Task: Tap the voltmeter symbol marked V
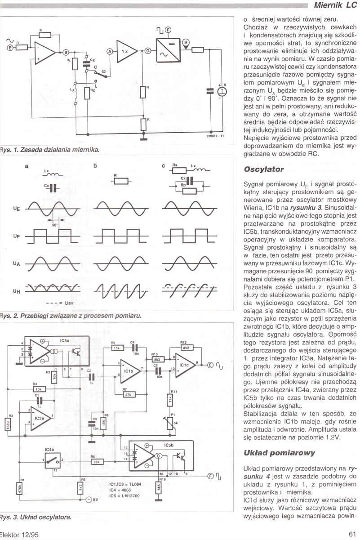point(221,91)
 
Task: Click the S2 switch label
point(104,71)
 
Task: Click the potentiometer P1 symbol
point(169,424)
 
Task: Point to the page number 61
point(352,534)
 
